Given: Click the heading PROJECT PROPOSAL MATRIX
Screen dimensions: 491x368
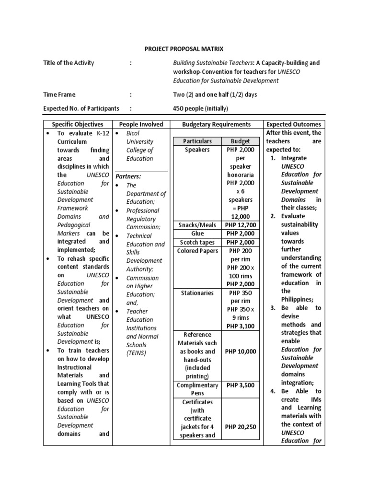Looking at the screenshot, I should [184, 49].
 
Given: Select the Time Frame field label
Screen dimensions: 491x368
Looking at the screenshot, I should [59, 94].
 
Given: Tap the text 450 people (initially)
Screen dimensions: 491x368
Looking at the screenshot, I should [200, 108].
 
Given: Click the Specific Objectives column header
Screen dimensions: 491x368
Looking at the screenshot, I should [78, 124].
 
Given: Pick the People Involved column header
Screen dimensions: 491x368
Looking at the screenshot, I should [141, 124].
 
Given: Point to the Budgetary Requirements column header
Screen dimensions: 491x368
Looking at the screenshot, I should [217, 124].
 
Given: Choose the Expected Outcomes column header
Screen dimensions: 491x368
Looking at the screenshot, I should [294, 124].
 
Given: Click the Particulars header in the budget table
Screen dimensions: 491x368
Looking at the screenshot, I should [197, 141].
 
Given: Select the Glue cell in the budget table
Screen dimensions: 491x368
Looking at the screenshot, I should [197, 234].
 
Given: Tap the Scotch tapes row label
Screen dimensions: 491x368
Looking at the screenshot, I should [197, 242].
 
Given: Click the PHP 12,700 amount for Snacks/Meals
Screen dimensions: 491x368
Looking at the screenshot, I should [241, 225].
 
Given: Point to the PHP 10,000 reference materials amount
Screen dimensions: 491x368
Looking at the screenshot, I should [241, 351].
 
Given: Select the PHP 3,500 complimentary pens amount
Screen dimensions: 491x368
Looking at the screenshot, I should [241, 385].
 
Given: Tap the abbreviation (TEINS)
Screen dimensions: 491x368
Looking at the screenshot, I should [137, 353].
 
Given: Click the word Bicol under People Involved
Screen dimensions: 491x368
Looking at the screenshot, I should [133, 133].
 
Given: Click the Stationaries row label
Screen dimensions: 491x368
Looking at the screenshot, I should [197, 292].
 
